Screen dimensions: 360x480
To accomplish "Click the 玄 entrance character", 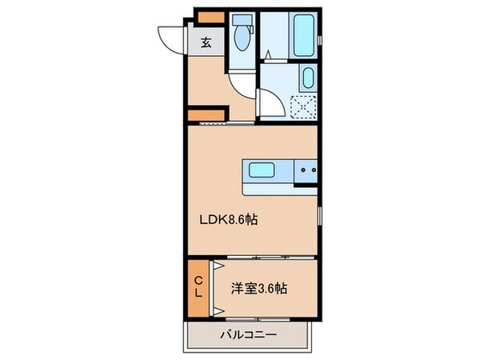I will tap(206, 42).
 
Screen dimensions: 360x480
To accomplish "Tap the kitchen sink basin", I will tap(263, 170).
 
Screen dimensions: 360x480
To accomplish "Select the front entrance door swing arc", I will tap(171, 36).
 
